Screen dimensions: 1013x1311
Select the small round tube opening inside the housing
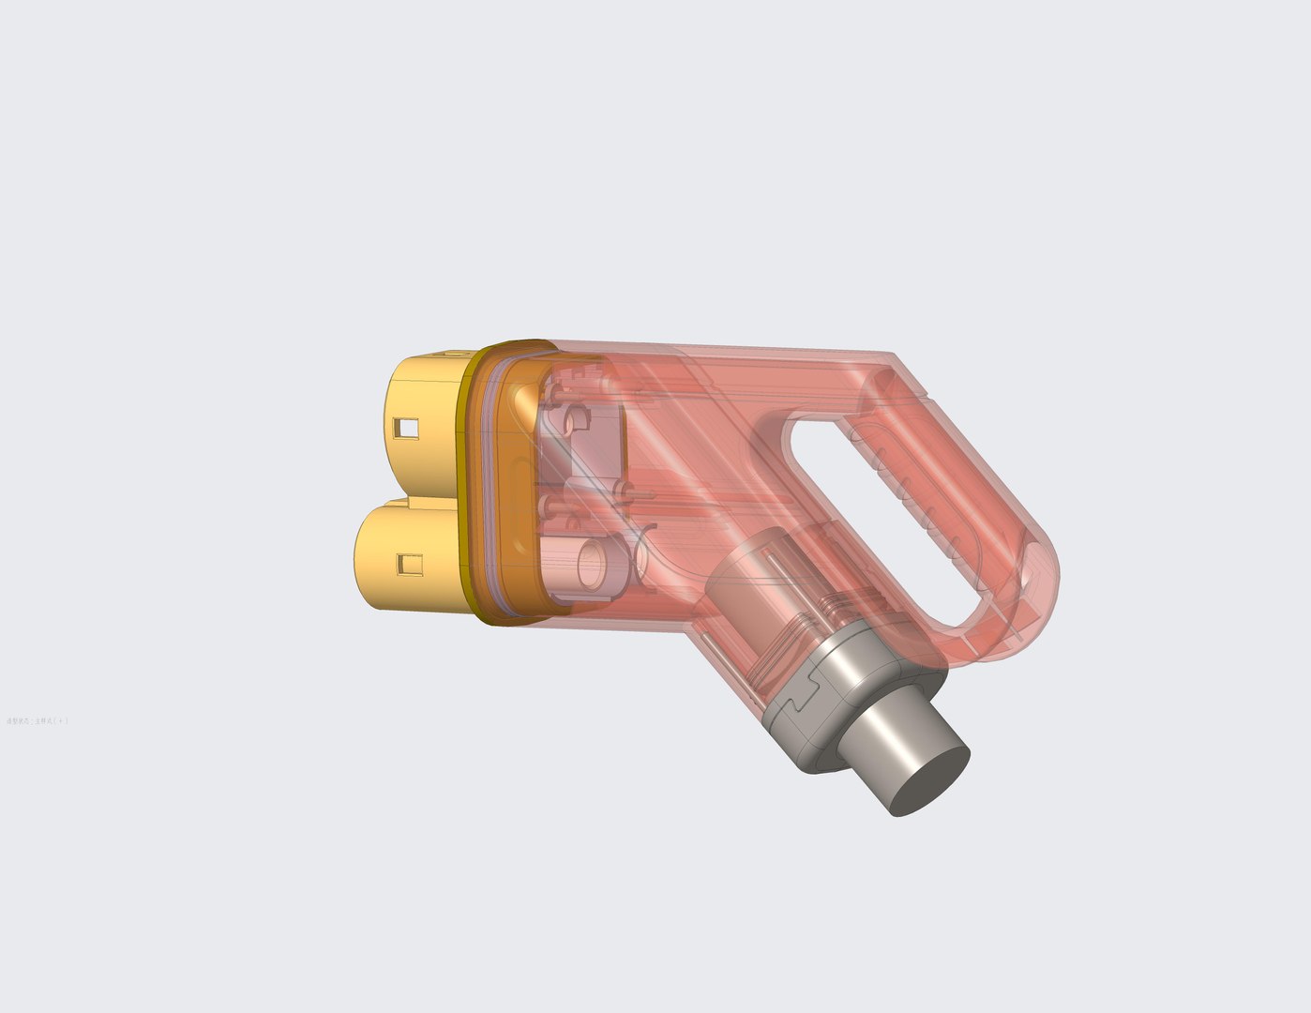(593, 563)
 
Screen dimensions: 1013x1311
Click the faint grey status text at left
(37, 720)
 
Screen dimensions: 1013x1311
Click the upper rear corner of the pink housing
(891, 361)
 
